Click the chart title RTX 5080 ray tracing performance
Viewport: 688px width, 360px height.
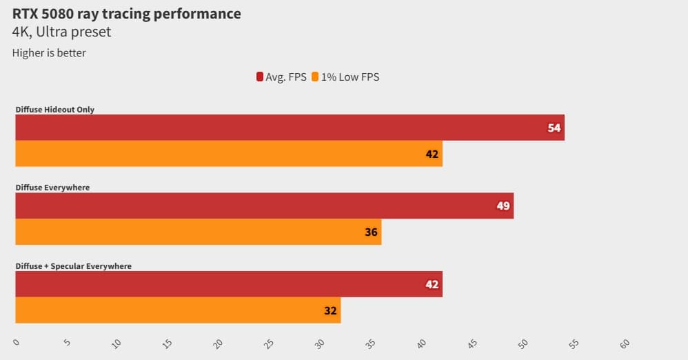pyautogui.click(x=127, y=14)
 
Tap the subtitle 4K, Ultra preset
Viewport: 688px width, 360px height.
pyautogui.click(x=61, y=32)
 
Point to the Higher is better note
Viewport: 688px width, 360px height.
pyautogui.click(x=49, y=52)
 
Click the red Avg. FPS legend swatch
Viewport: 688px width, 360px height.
pyautogui.click(x=260, y=77)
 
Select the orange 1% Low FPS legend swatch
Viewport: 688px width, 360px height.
pyautogui.click(x=316, y=77)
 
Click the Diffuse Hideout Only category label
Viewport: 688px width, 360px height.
pyautogui.click(x=55, y=110)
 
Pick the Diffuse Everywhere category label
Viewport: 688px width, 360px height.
pyautogui.click(x=52, y=188)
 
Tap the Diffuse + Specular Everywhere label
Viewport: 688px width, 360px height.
pyautogui.click(x=74, y=266)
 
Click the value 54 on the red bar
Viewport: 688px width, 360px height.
pyautogui.click(x=554, y=128)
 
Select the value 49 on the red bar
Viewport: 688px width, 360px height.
pyautogui.click(x=503, y=206)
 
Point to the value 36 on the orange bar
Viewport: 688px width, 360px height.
pyautogui.click(x=371, y=232)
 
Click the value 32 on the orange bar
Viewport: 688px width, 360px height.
pyautogui.click(x=330, y=310)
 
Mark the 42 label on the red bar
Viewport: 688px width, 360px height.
pyautogui.click(x=432, y=284)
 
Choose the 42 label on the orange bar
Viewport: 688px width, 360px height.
pyautogui.click(x=432, y=154)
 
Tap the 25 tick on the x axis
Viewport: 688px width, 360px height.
pyautogui.click(x=269, y=343)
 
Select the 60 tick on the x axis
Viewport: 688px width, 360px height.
pyautogui.click(x=625, y=343)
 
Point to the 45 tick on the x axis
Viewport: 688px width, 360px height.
pyautogui.click(x=472, y=343)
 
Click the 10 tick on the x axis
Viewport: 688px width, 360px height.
pyautogui.click(x=117, y=343)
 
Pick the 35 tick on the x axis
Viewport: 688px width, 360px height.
pyautogui.click(x=371, y=343)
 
